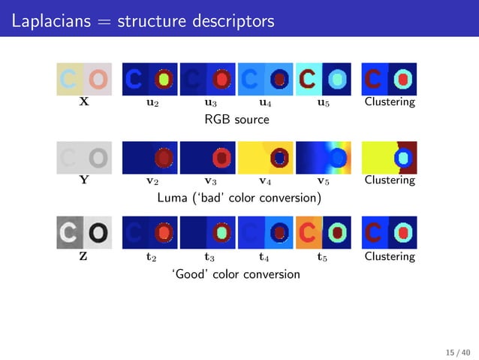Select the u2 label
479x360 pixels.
(x=152, y=103)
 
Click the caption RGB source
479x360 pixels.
(x=236, y=119)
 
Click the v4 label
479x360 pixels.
(x=266, y=180)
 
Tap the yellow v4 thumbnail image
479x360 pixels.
(x=266, y=157)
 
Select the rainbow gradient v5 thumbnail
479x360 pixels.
(x=324, y=157)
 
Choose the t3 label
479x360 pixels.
(x=209, y=257)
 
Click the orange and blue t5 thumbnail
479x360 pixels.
(x=324, y=233)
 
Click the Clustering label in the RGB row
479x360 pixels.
(x=389, y=102)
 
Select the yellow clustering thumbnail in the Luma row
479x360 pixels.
(x=389, y=157)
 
